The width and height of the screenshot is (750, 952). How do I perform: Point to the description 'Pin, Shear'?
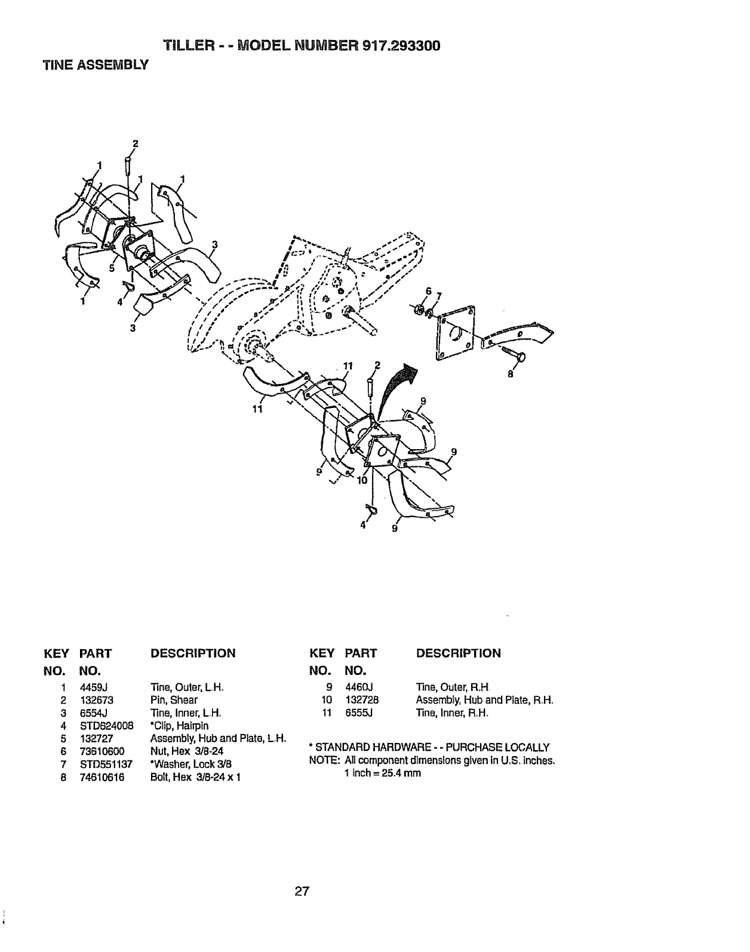coord(174,700)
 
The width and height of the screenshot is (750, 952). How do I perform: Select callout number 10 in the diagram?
coord(361,481)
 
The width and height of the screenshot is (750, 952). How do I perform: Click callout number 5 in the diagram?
coord(111,268)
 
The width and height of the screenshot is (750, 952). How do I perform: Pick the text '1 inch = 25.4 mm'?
coord(382,773)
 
